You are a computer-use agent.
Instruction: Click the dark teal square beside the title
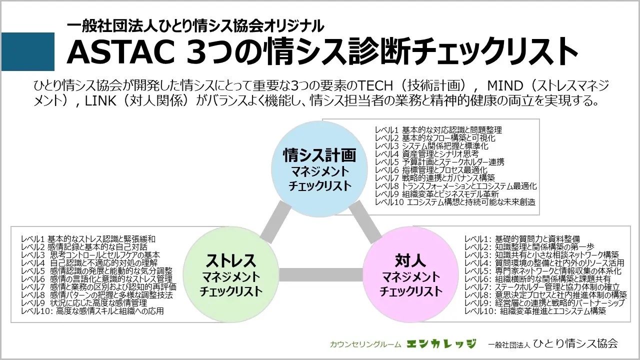[x=28, y=51]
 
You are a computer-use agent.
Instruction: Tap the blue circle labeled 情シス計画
[x=319, y=169]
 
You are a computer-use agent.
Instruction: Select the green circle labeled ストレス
[x=230, y=274]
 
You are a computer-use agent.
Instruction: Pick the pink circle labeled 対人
[x=410, y=274]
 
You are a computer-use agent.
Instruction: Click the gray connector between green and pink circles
[x=320, y=274]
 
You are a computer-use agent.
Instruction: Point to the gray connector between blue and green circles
[x=275, y=222]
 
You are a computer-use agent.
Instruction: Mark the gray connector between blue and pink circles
[x=365, y=222]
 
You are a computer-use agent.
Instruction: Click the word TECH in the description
[x=375, y=85]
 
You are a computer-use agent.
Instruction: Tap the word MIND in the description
[x=505, y=85]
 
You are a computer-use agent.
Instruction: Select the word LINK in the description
[x=100, y=101]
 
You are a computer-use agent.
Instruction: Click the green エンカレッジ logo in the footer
[x=441, y=343]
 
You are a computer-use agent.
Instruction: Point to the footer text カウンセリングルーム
[x=365, y=344]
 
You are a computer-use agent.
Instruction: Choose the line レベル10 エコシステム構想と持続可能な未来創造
[x=455, y=202]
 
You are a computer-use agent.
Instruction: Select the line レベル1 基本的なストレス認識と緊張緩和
[x=88, y=239]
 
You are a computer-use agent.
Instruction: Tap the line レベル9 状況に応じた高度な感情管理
[x=84, y=303]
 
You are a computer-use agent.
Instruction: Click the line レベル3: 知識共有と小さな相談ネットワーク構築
[x=541, y=255]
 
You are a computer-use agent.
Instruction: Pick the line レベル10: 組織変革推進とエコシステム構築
[x=535, y=311]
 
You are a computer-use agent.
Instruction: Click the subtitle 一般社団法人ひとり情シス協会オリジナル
[x=195, y=26]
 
